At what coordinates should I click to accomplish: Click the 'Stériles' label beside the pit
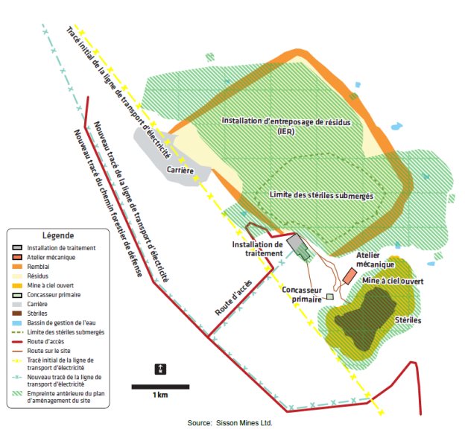[x=407, y=320]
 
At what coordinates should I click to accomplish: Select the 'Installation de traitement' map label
[x=257, y=248]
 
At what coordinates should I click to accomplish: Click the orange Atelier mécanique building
[x=349, y=275]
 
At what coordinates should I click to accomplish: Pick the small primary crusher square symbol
[x=329, y=296]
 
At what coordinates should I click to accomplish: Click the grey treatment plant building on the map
[x=299, y=248]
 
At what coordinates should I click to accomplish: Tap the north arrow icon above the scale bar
[x=160, y=369]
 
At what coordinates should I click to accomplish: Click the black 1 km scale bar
[x=159, y=386]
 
